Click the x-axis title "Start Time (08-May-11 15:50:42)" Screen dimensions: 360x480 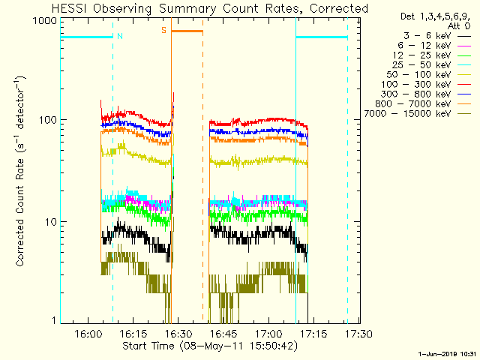tap(211, 346)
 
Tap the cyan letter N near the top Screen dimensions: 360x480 tap(121, 36)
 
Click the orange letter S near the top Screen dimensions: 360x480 tap(163, 31)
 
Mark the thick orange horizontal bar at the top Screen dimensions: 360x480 tap(187, 31)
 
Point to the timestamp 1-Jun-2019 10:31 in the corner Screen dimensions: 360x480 tap(448, 353)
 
